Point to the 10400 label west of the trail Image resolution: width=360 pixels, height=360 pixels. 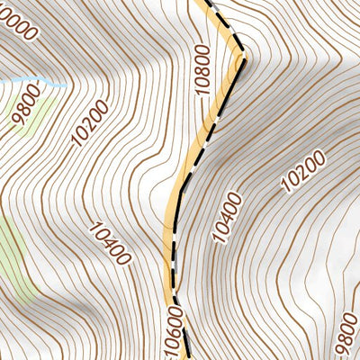click(111, 244)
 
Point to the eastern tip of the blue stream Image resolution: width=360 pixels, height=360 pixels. click(66, 85)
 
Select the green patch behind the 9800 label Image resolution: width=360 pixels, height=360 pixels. click(27, 117)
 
